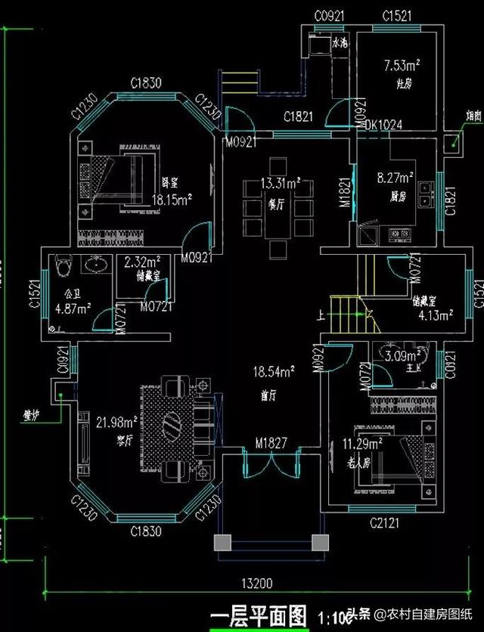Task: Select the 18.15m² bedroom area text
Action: click(172, 200)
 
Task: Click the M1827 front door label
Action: click(270, 442)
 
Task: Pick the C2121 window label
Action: click(383, 522)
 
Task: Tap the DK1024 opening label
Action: click(383, 125)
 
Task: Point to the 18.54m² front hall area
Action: click(276, 370)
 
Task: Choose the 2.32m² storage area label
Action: click(141, 262)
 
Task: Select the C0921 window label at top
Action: click(329, 15)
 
